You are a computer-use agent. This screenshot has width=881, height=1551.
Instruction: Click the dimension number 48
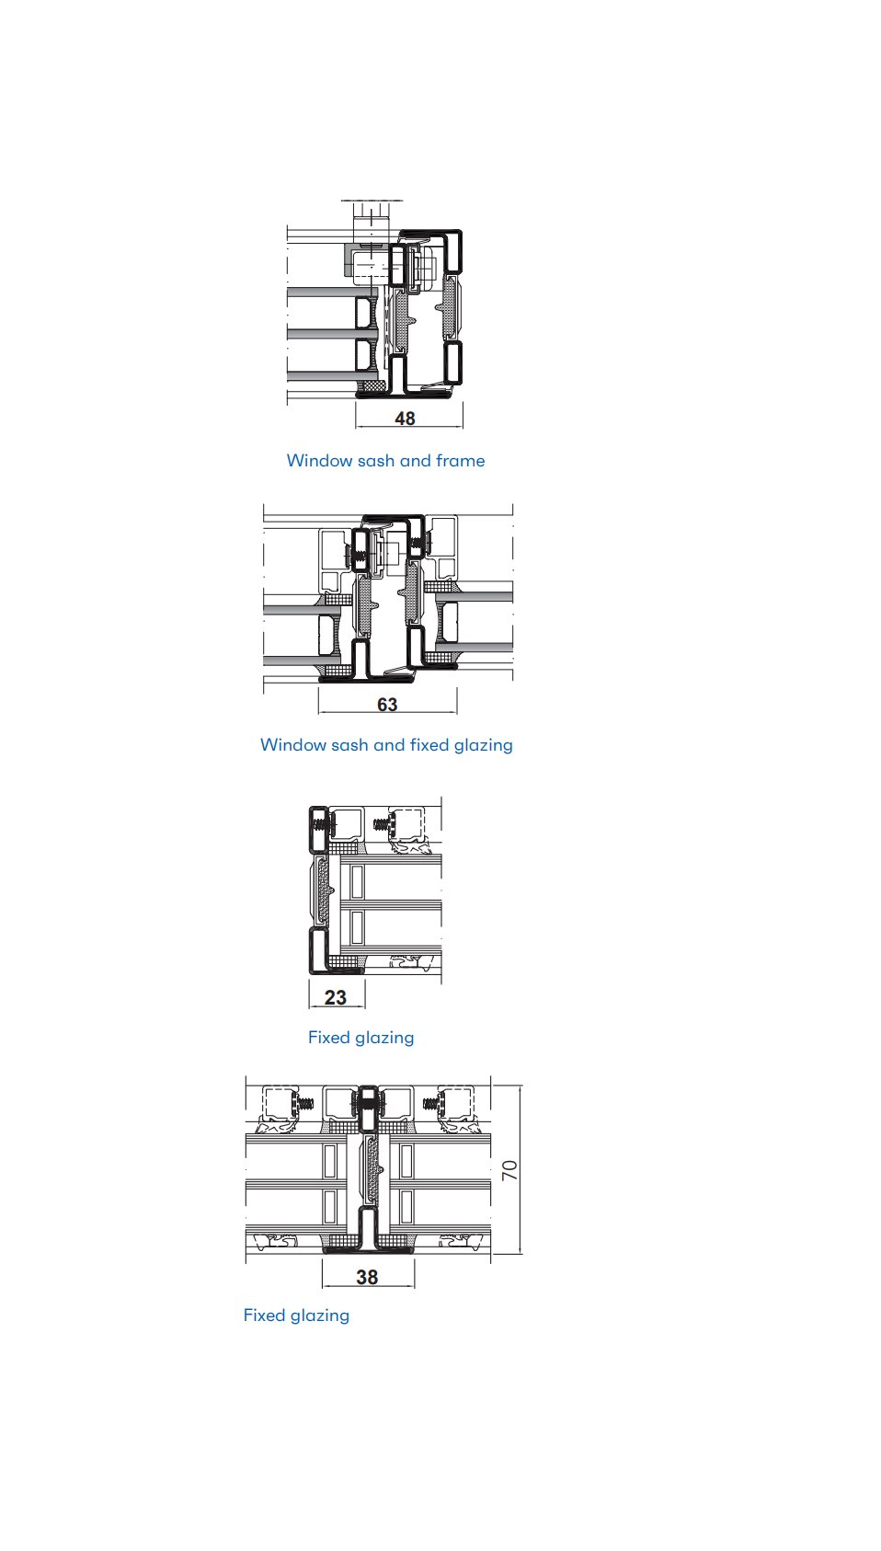click(405, 419)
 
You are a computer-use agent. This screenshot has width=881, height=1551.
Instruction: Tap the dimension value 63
click(387, 705)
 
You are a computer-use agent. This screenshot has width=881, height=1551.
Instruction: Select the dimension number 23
click(336, 997)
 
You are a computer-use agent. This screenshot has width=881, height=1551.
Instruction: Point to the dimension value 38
click(367, 1277)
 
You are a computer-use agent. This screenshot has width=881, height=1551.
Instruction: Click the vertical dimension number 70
click(509, 1170)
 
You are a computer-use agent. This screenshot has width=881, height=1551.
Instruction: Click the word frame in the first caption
click(460, 461)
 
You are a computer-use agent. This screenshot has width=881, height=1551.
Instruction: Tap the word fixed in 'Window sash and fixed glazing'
click(429, 745)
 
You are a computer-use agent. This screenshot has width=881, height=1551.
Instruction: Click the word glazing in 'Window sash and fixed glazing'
click(484, 746)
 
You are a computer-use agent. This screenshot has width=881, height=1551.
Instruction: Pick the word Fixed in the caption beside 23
click(328, 1038)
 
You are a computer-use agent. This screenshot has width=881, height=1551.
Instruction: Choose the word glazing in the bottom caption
click(320, 1316)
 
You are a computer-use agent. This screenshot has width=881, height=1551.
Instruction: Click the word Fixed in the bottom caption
click(264, 1315)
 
